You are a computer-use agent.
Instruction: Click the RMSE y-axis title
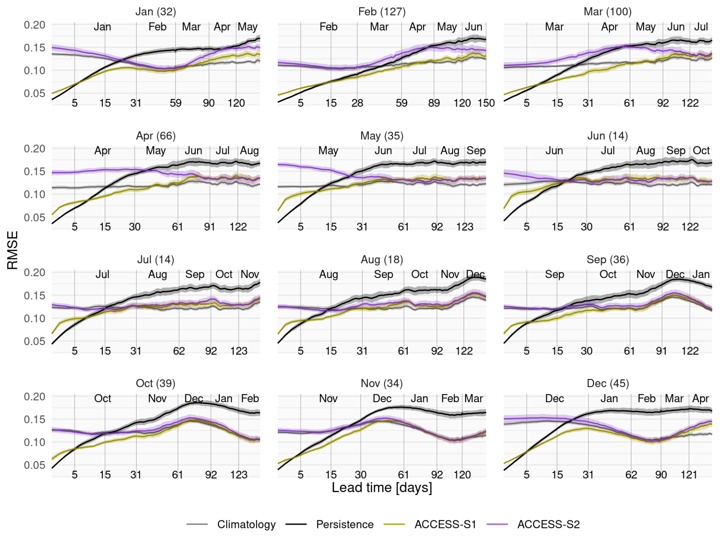click(12, 250)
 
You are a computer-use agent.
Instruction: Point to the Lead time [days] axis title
click(382, 488)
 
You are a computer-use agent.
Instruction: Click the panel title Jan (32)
click(156, 12)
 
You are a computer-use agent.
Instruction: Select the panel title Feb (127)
click(382, 12)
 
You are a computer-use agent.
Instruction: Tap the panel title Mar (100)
click(607, 12)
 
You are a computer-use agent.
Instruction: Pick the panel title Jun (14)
click(607, 136)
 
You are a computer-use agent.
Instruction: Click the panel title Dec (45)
click(607, 383)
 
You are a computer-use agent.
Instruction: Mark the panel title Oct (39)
click(156, 383)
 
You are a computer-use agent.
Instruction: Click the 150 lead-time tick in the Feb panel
click(486, 103)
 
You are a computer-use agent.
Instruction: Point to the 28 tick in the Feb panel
click(357, 103)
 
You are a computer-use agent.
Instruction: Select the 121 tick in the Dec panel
click(689, 475)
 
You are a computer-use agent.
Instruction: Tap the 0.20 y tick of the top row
click(34, 25)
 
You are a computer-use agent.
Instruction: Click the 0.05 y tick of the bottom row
click(34, 465)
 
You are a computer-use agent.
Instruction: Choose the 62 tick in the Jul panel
click(179, 351)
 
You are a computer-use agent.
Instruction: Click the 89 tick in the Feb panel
click(434, 103)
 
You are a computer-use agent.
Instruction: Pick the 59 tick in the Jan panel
click(175, 103)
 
